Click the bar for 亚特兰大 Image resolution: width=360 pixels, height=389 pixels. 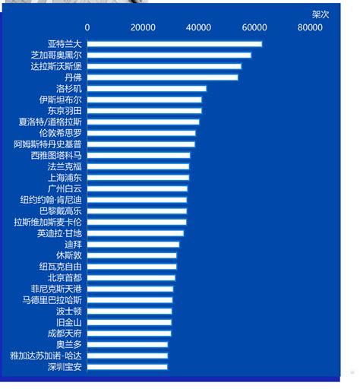pyautogui.click(x=175, y=44)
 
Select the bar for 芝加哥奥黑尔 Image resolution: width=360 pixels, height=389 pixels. pyautogui.click(x=169, y=55)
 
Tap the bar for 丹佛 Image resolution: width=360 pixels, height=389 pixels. pyautogui.click(x=163, y=77)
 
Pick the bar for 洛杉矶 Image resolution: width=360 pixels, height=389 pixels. pyautogui.click(x=147, y=89)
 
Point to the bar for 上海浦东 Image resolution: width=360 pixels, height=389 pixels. pyautogui.click(x=138, y=178)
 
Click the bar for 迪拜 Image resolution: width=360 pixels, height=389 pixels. pyautogui.click(x=133, y=245)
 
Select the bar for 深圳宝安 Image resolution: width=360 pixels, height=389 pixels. pyautogui.click(x=128, y=367)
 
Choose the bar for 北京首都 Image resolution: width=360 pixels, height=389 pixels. pyautogui.click(x=131, y=278)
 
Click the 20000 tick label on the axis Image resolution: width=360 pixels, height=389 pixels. pyautogui.click(x=143, y=27)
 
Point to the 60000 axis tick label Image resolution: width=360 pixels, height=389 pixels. pyautogui.click(x=254, y=27)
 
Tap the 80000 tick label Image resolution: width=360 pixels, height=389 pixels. pyautogui.click(x=310, y=27)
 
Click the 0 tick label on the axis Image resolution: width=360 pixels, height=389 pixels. pyautogui.click(x=87, y=27)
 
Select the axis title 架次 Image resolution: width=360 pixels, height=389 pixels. pyautogui.click(x=321, y=14)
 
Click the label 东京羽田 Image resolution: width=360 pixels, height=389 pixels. pyautogui.click(x=65, y=111)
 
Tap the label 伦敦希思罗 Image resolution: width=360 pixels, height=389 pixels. pyautogui.click(x=61, y=133)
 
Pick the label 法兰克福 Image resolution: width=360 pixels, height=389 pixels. pyautogui.click(x=65, y=166)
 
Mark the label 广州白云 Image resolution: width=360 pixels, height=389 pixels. pyautogui.click(x=65, y=188)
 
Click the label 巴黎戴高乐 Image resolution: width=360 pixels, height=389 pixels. pyautogui.click(x=61, y=211)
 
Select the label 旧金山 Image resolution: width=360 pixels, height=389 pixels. pyautogui.click(x=69, y=322)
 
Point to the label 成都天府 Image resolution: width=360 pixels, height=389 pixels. pyautogui.click(x=65, y=334)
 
